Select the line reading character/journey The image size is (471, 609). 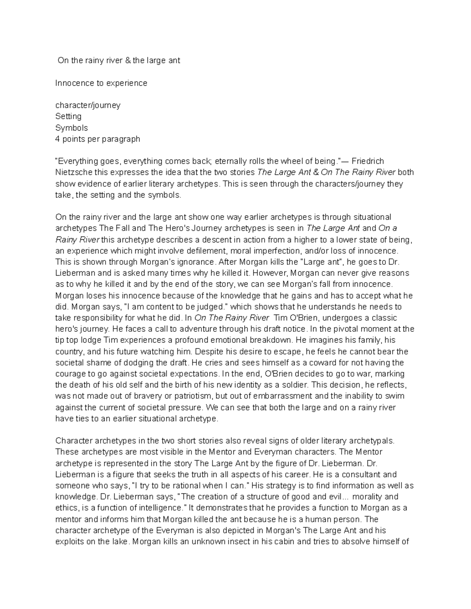tap(88, 105)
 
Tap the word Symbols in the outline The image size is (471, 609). tap(71, 128)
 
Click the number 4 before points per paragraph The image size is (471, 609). tap(57, 139)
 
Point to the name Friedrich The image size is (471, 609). tap(368, 161)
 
